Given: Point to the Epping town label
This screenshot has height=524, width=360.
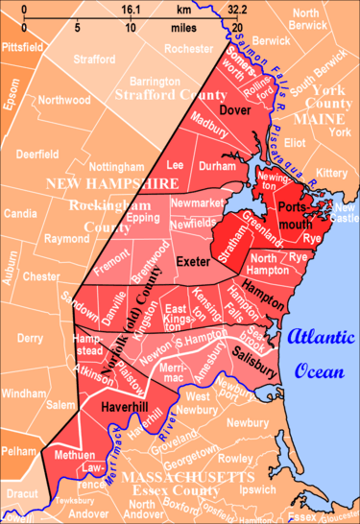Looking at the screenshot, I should pos(143,218).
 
